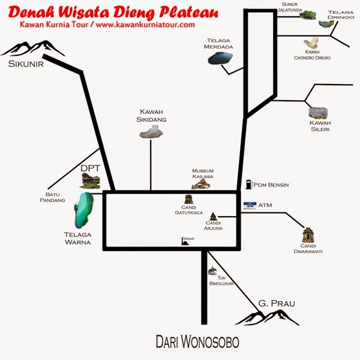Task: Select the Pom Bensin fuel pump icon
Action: point(248,184)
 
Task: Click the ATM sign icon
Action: point(250,205)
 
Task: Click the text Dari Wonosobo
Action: point(197,342)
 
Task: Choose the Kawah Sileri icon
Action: point(318,112)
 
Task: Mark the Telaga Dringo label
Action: point(340,15)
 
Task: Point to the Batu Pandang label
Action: point(52,197)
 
